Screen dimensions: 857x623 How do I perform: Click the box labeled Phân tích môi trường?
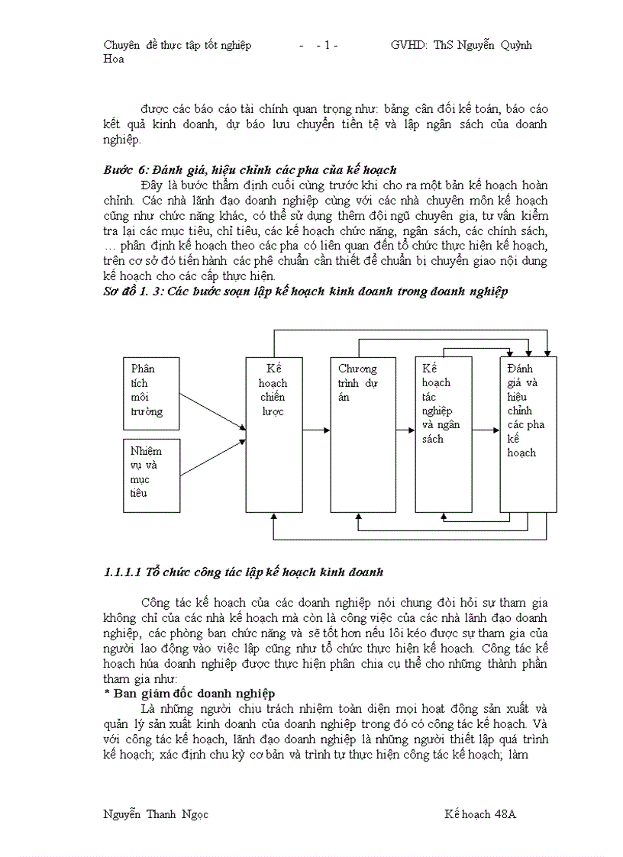click(x=153, y=391)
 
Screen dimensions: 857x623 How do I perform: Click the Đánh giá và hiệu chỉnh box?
click(x=528, y=434)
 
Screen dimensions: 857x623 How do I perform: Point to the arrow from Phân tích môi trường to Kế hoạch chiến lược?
click(x=214, y=412)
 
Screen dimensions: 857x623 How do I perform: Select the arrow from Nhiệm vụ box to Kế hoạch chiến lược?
click(x=214, y=456)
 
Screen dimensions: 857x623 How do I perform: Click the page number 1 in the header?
click(x=327, y=45)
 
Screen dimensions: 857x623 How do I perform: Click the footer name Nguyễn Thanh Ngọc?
click(x=156, y=814)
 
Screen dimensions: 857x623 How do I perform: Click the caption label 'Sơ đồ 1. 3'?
click(x=131, y=292)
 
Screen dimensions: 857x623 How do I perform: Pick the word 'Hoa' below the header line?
click(x=113, y=59)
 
